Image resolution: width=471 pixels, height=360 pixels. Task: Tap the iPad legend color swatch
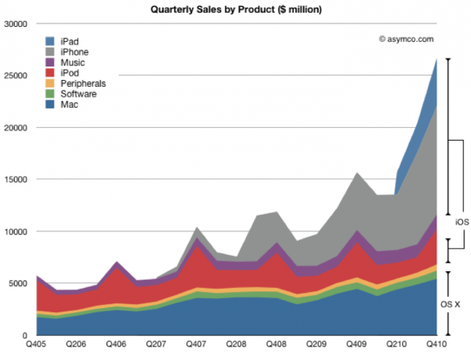50,42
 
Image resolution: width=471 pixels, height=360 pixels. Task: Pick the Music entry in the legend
72,63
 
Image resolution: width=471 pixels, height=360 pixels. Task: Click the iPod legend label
70,73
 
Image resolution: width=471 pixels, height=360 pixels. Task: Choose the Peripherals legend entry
82,84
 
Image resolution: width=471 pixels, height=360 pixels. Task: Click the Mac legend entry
70,105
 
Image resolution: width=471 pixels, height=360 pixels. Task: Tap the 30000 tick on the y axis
16,24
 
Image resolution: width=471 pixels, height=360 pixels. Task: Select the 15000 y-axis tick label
16,180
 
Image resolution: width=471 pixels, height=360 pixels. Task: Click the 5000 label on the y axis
18,284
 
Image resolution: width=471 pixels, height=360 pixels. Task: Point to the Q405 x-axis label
37,346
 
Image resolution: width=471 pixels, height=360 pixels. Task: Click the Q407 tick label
196,346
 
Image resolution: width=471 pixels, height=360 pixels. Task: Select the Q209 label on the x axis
317,346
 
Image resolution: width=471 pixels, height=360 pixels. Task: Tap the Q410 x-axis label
437,346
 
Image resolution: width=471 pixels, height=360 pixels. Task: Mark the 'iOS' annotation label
461,223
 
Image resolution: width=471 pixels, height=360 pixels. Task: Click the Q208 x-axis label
237,346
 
